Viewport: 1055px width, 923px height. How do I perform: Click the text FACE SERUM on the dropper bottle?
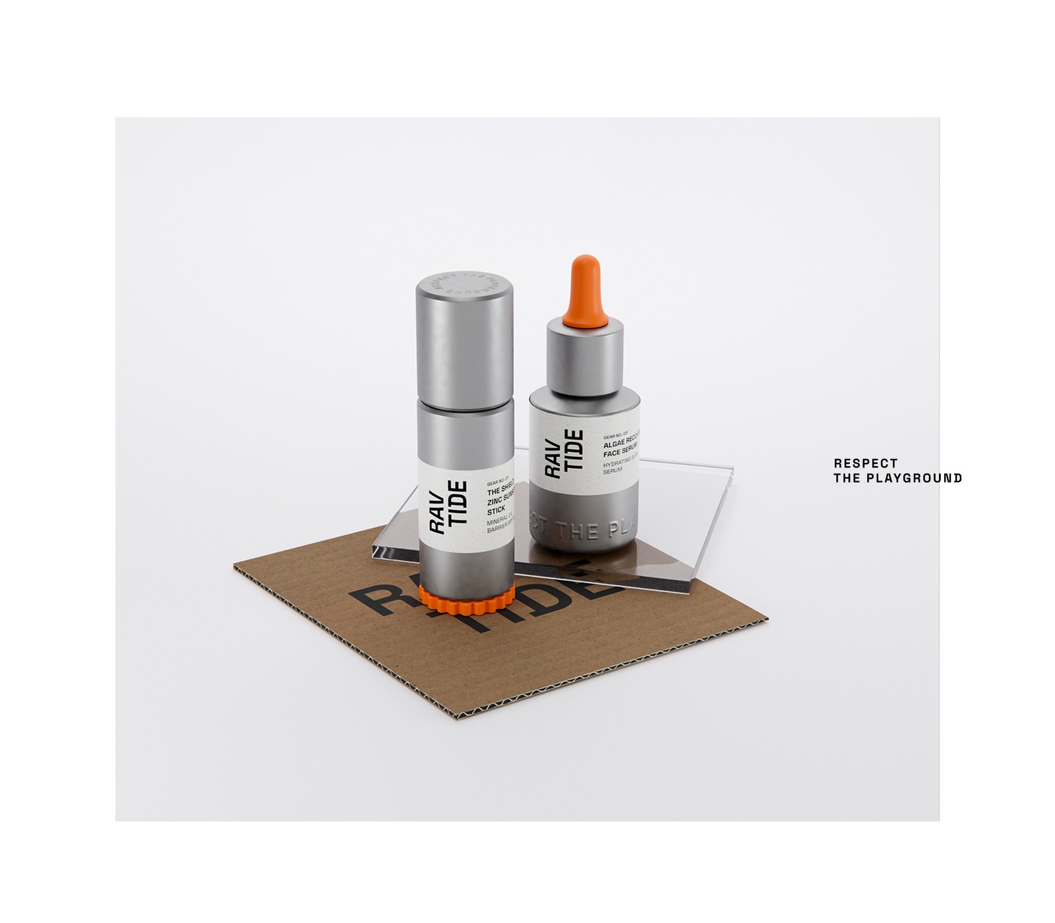pyautogui.click(x=620, y=454)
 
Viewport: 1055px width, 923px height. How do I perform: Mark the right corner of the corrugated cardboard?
pyautogui.click(x=767, y=620)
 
